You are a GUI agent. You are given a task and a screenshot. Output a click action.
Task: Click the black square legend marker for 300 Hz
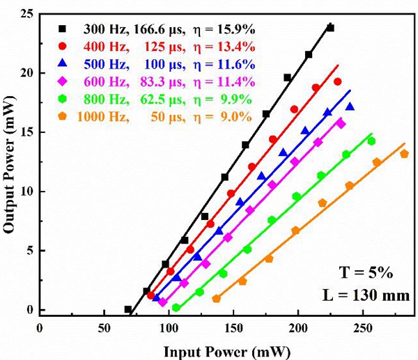click(62, 29)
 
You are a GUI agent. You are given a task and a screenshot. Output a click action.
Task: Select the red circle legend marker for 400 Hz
click(62, 47)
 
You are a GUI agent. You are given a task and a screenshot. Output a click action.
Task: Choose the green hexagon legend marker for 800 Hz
click(62, 99)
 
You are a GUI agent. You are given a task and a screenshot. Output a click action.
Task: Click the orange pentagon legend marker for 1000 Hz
click(62, 117)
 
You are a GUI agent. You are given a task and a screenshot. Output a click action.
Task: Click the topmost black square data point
click(330, 28)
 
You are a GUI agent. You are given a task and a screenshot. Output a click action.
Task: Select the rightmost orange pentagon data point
click(404, 154)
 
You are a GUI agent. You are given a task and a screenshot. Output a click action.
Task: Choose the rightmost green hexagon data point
click(371, 141)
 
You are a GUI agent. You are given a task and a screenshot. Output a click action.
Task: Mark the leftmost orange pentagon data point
click(216, 299)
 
